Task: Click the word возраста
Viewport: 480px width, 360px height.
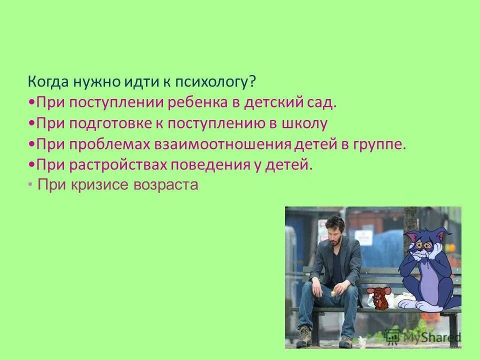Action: click(166, 185)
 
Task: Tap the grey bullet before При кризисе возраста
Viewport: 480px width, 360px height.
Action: click(31, 184)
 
